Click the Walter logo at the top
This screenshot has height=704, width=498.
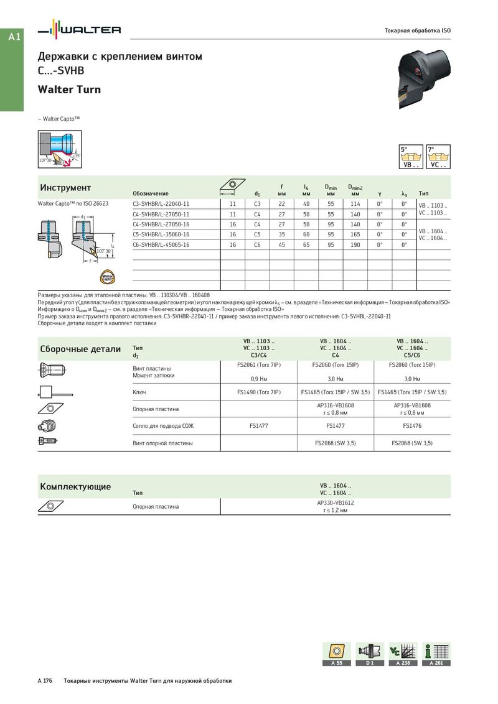click(79, 29)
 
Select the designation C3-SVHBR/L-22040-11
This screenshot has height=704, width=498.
click(161, 203)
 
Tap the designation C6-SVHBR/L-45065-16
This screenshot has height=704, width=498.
click(161, 245)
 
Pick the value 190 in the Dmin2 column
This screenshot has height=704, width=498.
click(355, 245)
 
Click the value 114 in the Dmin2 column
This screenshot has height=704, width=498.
click(355, 203)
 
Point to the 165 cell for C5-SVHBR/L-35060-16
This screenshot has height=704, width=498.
click(355, 234)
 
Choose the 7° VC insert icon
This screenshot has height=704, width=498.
click(438, 157)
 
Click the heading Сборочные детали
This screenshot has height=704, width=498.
click(80, 349)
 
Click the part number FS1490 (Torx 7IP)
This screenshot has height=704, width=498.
click(259, 392)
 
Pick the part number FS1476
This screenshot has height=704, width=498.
click(411, 426)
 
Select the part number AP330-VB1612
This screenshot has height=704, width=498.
click(335, 503)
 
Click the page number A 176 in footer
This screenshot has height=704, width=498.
click(45, 681)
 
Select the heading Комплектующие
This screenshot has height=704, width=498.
click(75, 486)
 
